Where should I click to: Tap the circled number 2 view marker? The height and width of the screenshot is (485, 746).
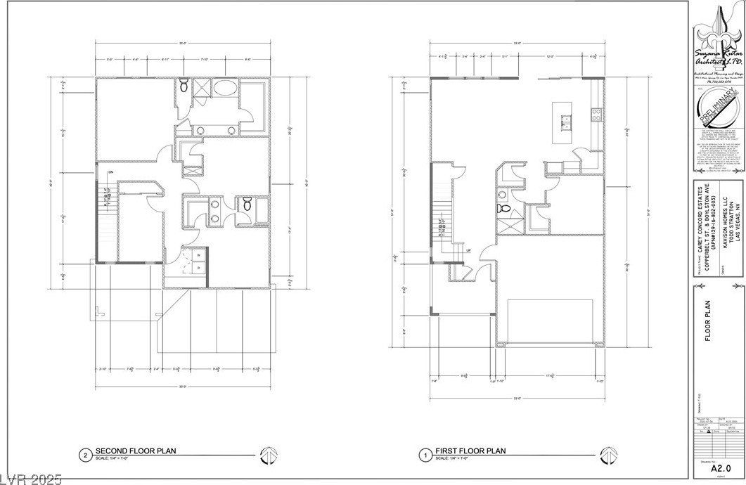[85, 454]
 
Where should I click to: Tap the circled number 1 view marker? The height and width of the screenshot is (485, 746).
[424, 454]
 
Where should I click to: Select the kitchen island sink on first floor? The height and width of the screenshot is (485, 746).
[565, 124]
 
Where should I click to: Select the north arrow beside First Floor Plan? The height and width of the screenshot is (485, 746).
[604, 454]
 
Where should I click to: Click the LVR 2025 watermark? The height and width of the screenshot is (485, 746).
[32, 479]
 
